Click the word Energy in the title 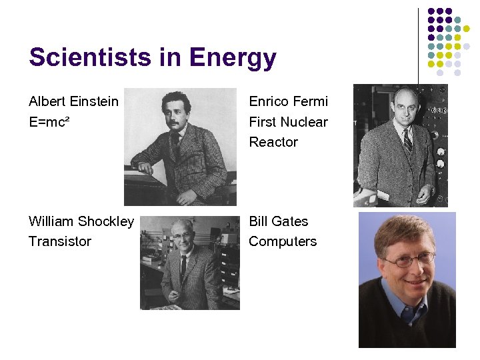(232, 59)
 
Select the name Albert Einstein (73, 101)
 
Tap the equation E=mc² (50, 121)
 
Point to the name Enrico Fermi (289, 101)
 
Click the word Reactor (273, 142)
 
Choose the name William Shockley (81, 221)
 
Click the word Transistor (60, 241)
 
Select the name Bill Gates (279, 221)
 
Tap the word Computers (283, 241)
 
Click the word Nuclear (304, 122)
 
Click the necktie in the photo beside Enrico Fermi (407, 141)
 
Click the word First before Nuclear (262, 122)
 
